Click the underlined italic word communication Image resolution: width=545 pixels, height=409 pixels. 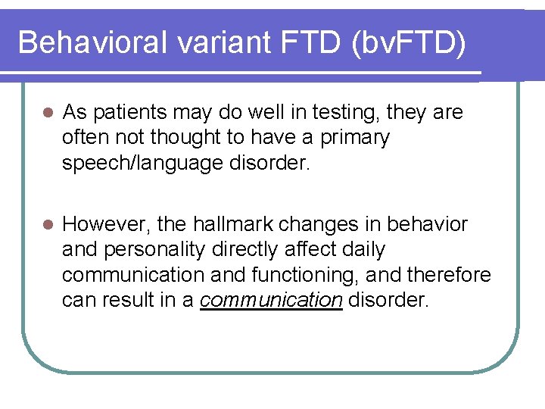(x=271, y=300)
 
